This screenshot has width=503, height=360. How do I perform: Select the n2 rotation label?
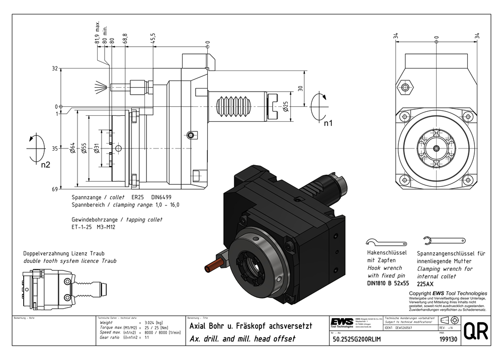pyautogui.click(x=45, y=164)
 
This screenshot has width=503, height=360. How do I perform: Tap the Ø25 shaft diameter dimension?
pyautogui.click(x=286, y=106)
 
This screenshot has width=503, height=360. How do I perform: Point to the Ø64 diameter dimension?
pyautogui.click(x=72, y=148)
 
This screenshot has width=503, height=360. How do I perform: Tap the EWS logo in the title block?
pyautogui.click(x=342, y=323)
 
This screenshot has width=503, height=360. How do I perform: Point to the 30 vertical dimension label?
pyautogui.click(x=300, y=88)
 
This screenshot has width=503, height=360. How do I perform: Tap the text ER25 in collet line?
pyautogui.click(x=137, y=197)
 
